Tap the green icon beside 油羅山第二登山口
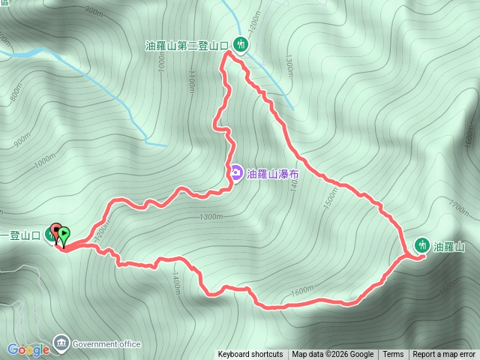coord(240,44)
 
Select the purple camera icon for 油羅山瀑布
coord(235,173)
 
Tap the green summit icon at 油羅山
coord(422,245)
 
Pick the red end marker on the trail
coord(55,231)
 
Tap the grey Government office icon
coord(61,344)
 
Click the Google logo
coord(28,349)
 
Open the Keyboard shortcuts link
coord(250,355)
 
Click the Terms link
coord(393,355)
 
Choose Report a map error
coord(444,355)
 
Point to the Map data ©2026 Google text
coord(332,355)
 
